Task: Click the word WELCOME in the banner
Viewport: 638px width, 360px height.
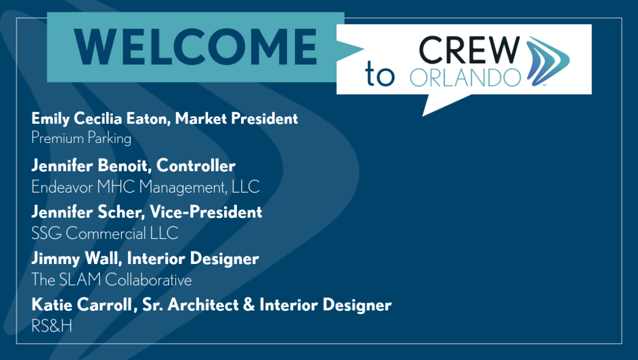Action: [195, 47]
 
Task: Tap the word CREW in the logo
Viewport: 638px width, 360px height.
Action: [469, 50]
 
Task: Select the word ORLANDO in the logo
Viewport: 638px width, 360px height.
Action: [465, 77]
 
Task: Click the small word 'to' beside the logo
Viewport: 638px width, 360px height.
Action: [380, 74]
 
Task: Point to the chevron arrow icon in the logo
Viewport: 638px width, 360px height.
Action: [547, 61]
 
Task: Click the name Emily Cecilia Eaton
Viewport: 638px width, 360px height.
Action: [99, 119]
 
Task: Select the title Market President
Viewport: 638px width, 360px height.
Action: [237, 118]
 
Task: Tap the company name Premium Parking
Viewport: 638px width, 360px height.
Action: [81, 139]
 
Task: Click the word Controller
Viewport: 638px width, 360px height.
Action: [196, 166]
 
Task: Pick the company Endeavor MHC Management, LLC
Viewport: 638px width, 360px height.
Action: [145, 187]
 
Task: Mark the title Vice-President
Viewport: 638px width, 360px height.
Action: [206, 212]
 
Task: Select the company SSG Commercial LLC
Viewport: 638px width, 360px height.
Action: [105, 233]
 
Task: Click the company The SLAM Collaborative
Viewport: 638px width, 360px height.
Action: [111, 280]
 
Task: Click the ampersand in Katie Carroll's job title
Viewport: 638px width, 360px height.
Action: [249, 305]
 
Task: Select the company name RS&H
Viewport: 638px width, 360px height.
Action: [52, 326]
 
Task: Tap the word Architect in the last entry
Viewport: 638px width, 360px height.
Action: [203, 305]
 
